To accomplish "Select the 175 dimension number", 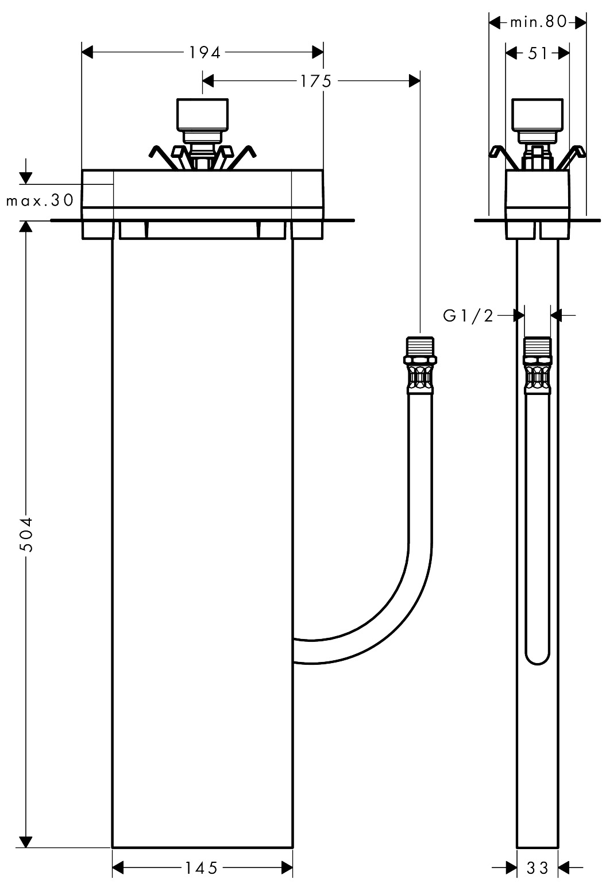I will (x=315, y=82).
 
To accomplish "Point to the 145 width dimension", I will (x=201, y=868).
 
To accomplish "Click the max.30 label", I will (x=40, y=200).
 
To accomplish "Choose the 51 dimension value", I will (x=537, y=53).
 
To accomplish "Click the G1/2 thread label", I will (x=468, y=315).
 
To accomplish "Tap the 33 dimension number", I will (x=538, y=868).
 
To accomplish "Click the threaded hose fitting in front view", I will (x=420, y=365).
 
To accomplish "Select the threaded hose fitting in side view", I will (x=538, y=365).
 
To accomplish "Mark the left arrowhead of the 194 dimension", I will (x=87, y=53).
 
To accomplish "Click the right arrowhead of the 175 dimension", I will (x=414, y=82).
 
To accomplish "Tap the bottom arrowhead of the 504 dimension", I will (x=25, y=842).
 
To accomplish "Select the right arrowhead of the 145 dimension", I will (x=287, y=868).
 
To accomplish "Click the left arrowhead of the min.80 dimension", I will (x=493, y=22).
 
